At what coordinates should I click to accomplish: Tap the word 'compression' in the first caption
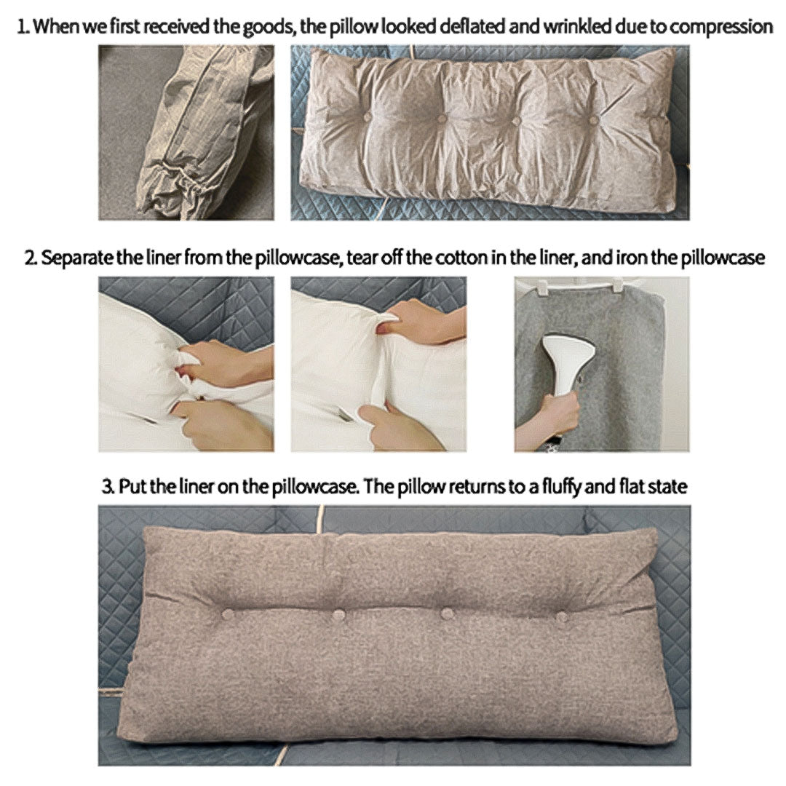point(720,28)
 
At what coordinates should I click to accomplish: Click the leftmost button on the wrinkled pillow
point(367,116)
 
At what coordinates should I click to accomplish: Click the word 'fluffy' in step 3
point(555,487)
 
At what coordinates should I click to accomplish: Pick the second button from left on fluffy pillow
point(338,616)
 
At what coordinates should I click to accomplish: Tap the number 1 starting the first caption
point(22,28)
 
